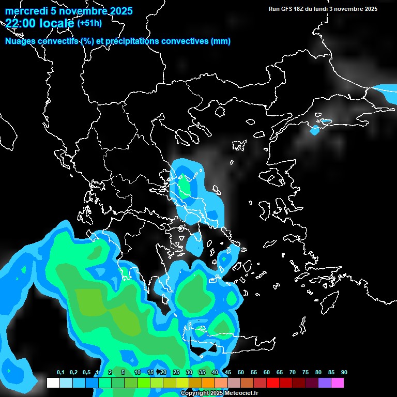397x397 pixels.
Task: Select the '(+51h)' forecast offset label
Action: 89,23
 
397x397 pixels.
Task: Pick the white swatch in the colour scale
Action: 53,383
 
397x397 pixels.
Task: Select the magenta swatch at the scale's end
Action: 337,383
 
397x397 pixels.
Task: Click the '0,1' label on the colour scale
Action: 60,373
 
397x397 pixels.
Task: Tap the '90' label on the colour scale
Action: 344,373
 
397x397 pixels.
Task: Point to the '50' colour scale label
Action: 241,373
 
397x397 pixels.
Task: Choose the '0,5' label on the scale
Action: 86,373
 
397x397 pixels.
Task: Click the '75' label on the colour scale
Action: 306,373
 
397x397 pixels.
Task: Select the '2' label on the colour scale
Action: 111,373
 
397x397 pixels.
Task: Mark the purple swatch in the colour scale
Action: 324,383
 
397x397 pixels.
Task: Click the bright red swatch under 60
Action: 272,383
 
